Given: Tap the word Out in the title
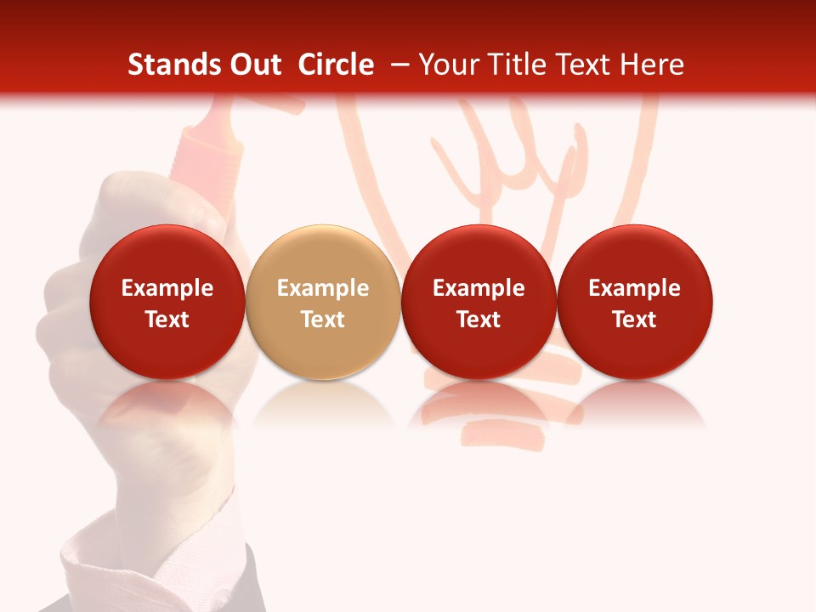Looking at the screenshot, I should tap(253, 65).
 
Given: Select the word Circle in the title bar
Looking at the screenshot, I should tap(336, 65).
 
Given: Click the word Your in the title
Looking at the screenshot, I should tap(449, 65).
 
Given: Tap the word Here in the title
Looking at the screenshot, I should tap(652, 65).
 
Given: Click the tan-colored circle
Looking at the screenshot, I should tap(323, 302).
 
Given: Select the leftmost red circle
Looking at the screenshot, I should tap(167, 302).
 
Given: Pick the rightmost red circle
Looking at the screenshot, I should tap(635, 302).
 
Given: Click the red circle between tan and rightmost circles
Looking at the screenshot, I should tap(479, 302).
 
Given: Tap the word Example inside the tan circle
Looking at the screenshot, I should tap(323, 288).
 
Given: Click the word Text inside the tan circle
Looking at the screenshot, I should tap(323, 320).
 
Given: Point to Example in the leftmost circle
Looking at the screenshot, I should tap(167, 288).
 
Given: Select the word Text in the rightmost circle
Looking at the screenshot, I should tap(635, 320).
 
